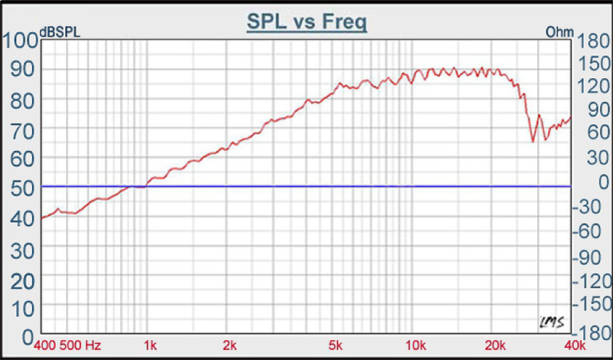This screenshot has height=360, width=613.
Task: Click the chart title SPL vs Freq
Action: click(x=306, y=21)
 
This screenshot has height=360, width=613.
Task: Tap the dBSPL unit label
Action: click(x=61, y=32)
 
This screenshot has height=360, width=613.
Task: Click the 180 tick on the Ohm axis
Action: click(x=587, y=41)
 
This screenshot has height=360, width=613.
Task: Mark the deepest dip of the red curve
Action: click(x=533, y=142)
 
